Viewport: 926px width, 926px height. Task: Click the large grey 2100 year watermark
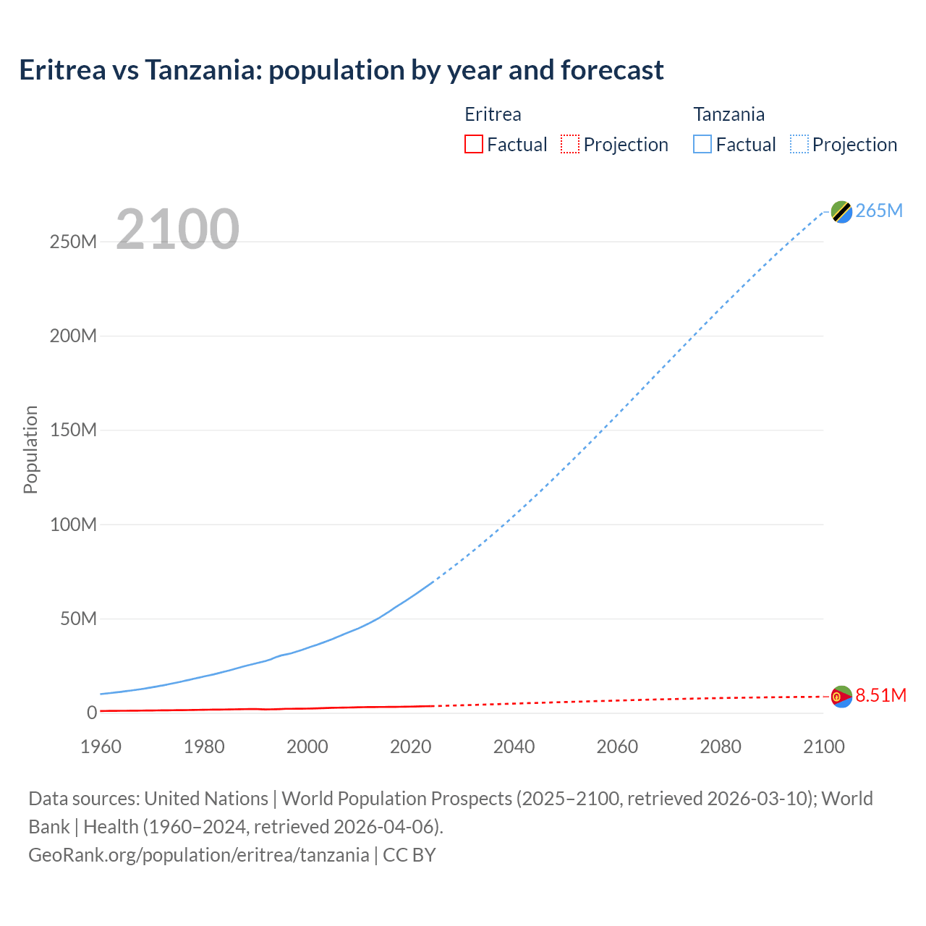177,229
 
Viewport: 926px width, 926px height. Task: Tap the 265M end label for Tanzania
879,211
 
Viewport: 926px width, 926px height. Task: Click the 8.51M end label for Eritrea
880,695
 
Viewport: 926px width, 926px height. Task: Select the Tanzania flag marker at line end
841,212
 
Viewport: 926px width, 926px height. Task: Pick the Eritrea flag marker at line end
841,697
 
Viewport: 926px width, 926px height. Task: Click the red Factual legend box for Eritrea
474,144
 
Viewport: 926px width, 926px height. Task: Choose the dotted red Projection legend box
570,144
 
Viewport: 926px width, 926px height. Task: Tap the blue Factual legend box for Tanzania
702,144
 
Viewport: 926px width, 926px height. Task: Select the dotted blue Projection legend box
799,144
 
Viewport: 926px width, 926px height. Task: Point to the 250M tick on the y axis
73,242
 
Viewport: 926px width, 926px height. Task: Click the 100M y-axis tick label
73,524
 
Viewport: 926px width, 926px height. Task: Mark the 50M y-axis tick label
78,619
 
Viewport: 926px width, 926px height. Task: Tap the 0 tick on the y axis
92,713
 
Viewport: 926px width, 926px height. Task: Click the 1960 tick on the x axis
101,747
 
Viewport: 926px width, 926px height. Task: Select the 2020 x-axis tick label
411,747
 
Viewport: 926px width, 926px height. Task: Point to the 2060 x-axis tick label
617,747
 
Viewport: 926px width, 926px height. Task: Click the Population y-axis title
30,449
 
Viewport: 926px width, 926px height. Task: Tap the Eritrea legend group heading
493,114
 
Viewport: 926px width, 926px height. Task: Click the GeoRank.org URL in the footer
199,854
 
